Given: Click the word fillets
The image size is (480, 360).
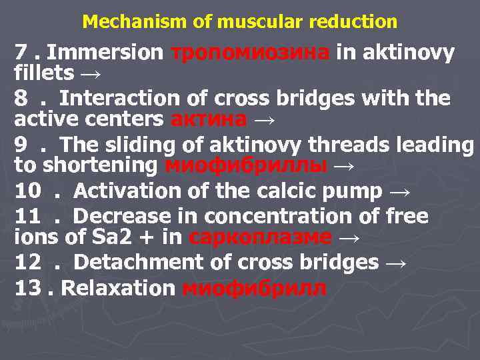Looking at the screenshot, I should pyautogui.click(x=44, y=72).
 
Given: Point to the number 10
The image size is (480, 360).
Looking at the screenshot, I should pyautogui.click(x=29, y=192).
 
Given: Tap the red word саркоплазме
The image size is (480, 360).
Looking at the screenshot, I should pyautogui.click(x=260, y=237).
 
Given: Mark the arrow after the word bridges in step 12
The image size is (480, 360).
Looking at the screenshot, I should pyautogui.click(x=395, y=262).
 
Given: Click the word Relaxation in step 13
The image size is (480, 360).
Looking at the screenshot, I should pyautogui.click(x=118, y=289).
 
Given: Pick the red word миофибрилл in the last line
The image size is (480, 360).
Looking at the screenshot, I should pyautogui.click(x=254, y=289).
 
